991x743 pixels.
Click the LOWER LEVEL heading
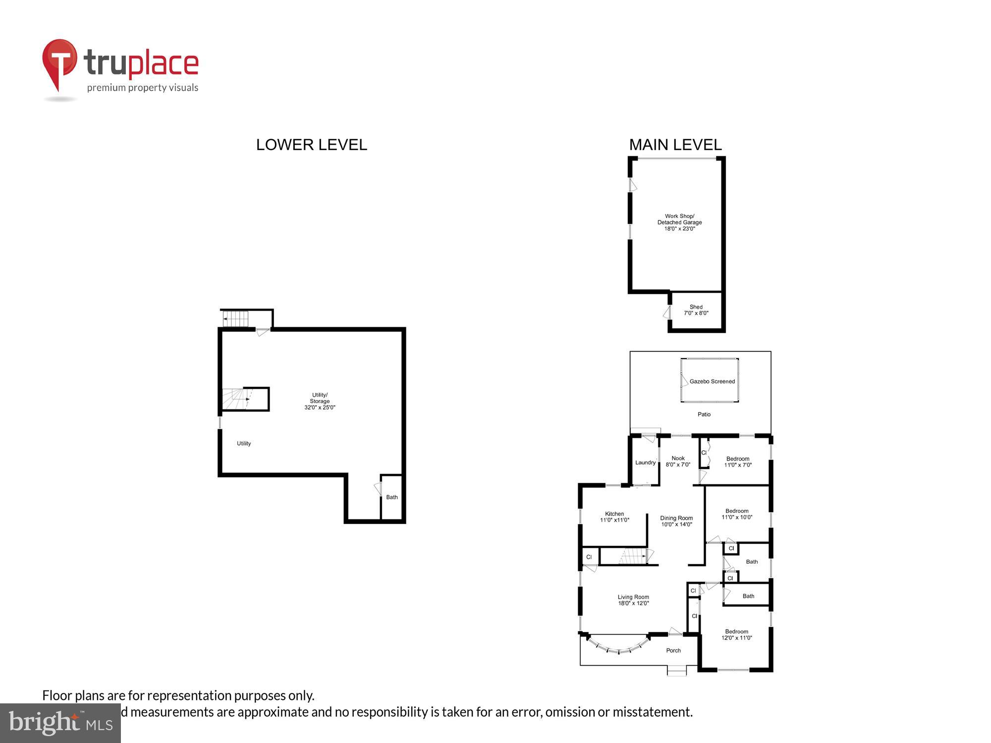(311, 145)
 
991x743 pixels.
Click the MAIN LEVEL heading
(675, 145)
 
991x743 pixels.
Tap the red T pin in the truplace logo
(59, 61)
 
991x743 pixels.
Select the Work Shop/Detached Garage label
(679, 222)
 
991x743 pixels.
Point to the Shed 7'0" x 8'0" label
(696, 310)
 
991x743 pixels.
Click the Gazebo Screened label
(712, 381)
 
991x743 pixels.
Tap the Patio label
(704, 414)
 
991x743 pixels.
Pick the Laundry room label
(645, 463)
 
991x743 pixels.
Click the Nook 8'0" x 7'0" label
(677, 462)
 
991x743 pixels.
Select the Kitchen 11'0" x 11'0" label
(614, 517)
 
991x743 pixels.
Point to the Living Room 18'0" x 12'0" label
(633, 600)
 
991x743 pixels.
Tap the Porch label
(673, 650)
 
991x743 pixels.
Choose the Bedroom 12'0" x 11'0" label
(736, 635)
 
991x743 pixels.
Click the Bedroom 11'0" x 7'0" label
(737, 462)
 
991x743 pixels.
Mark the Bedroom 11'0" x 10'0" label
(736, 514)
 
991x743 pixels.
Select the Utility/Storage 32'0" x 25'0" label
(320, 401)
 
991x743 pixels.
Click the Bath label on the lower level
(391, 497)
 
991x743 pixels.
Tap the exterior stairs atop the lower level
(236, 318)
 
